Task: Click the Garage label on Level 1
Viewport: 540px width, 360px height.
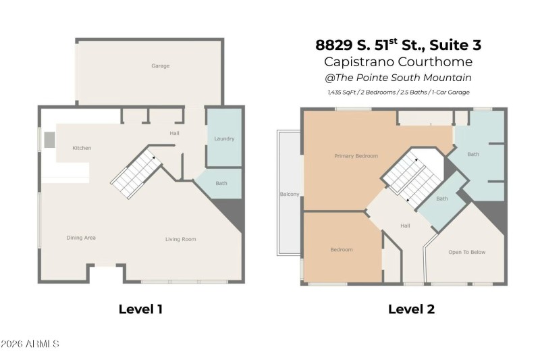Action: pos(160,66)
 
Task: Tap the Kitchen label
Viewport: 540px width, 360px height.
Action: pos(82,148)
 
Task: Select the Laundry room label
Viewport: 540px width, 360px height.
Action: pos(224,139)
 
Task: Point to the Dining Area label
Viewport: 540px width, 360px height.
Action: pos(80,238)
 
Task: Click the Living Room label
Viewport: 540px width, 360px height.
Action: pos(181,239)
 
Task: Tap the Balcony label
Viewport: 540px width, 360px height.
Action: pos(289,195)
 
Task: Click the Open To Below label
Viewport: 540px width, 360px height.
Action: pos(467,252)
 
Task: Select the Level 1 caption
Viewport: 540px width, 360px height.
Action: pos(140,309)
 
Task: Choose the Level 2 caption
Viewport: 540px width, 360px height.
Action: pos(411,309)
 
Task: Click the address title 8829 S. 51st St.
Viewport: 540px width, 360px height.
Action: pos(398,45)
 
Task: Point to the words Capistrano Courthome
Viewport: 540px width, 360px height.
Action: pos(398,61)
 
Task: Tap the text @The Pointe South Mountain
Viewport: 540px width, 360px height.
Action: pos(398,78)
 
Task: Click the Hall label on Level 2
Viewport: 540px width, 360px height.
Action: pos(405,226)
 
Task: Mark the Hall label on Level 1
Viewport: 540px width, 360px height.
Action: pos(175,133)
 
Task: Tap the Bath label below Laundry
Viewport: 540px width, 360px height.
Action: pos(221,183)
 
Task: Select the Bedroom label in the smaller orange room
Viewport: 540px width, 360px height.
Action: pos(342,250)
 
